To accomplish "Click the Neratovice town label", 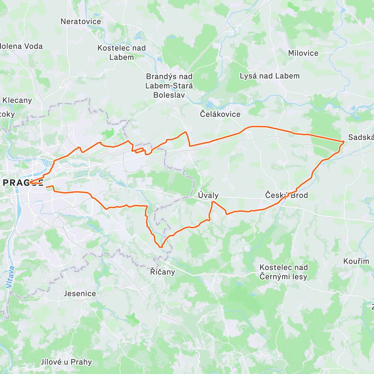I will click(81, 22).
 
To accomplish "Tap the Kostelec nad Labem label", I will click(122, 53).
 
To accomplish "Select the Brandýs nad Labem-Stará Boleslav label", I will click(169, 86).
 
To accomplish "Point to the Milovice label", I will click(303, 53).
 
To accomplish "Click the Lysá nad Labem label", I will click(270, 76).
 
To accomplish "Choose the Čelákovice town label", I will click(220, 114).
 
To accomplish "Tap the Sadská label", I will click(361, 137).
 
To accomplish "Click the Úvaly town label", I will click(208, 195).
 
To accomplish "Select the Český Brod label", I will click(286, 195).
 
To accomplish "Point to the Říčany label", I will click(162, 272).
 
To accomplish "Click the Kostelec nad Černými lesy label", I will click(284, 272).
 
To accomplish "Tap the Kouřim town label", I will click(356, 261).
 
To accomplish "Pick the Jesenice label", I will click(80, 294).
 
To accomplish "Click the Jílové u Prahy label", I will click(66, 362).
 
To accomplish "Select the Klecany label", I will click(17, 100).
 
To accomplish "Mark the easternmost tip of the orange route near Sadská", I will click(344, 142).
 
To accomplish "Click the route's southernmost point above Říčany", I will click(161, 247).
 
